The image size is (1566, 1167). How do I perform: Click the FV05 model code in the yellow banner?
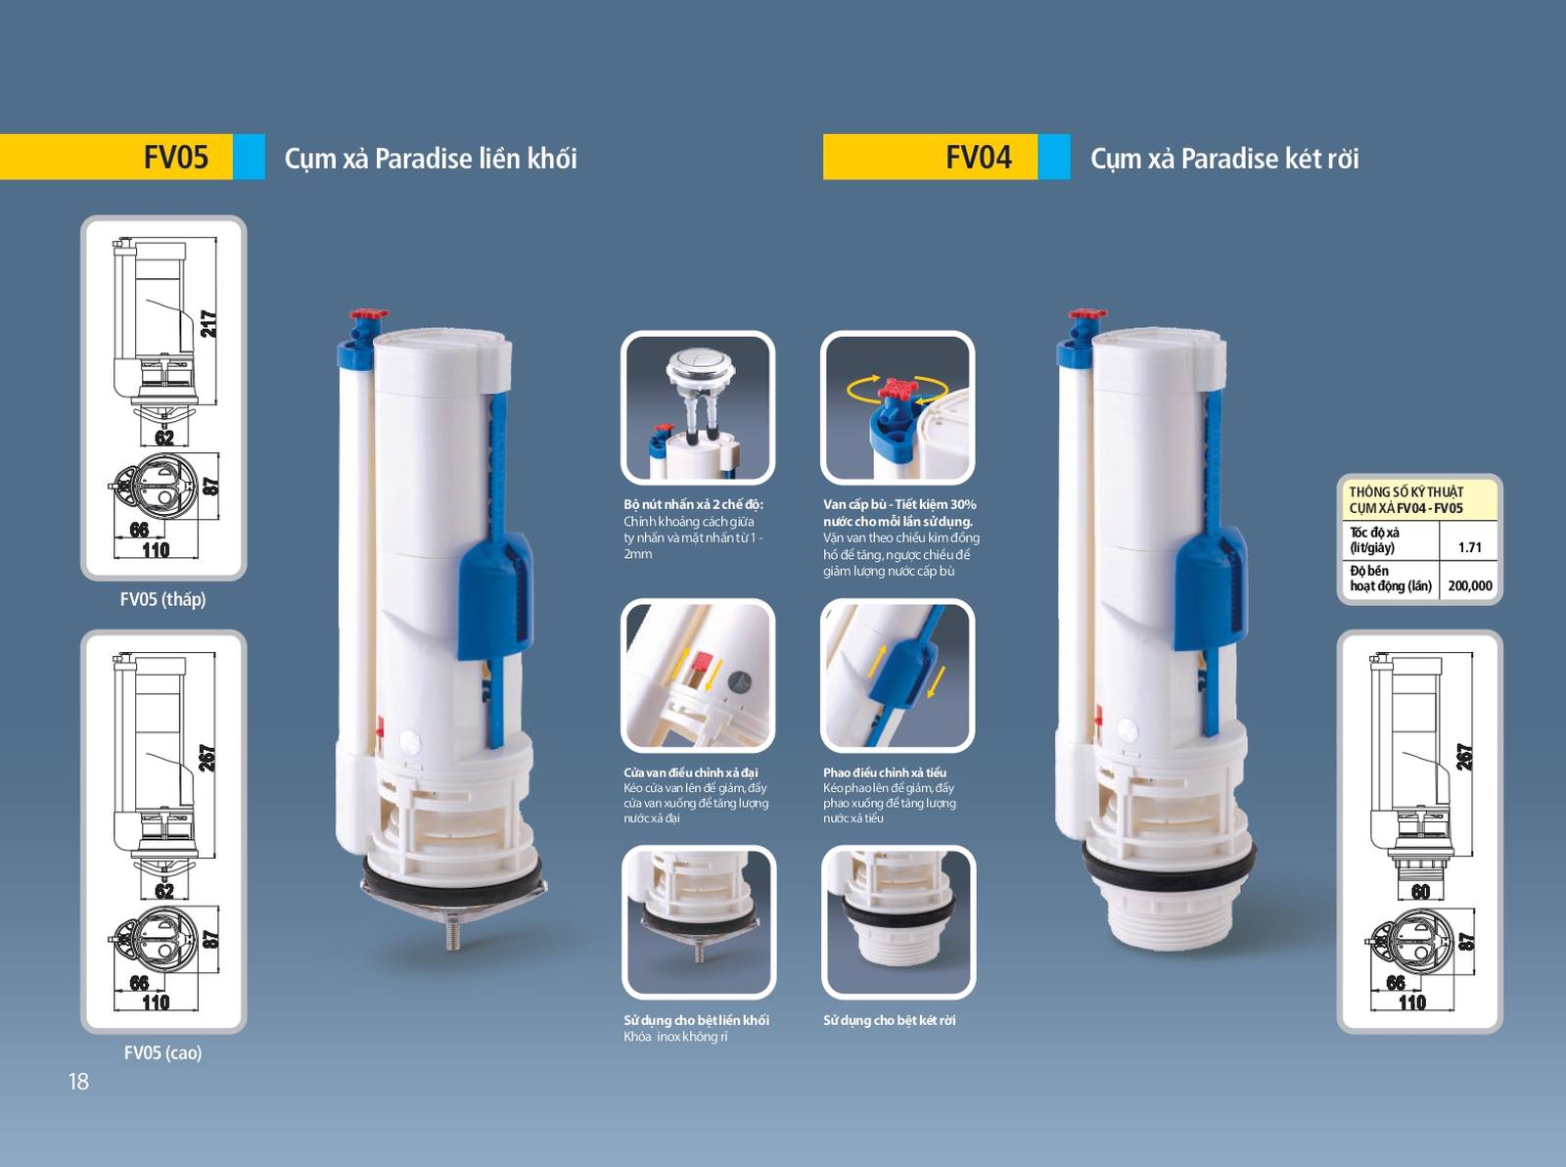click(175, 157)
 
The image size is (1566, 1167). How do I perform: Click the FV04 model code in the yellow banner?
click(978, 157)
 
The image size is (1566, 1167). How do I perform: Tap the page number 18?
click(78, 1081)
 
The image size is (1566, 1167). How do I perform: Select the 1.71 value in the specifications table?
click(1469, 547)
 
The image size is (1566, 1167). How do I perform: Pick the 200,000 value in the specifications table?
click(1470, 585)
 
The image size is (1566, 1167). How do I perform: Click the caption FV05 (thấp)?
click(162, 599)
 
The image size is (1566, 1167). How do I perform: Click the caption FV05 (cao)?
click(162, 1052)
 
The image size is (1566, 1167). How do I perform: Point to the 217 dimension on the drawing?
click(208, 324)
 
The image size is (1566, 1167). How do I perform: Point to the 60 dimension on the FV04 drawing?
click(1420, 892)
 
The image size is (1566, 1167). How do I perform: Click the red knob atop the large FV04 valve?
click(1085, 315)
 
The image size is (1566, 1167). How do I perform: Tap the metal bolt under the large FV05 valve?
click(453, 933)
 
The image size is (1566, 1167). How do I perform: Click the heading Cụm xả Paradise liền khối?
click(431, 159)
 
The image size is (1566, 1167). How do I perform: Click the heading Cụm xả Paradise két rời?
click(1224, 159)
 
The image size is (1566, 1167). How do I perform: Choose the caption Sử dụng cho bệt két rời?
click(889, 1020)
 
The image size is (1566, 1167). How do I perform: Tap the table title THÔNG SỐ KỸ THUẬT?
click(1405, 491)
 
